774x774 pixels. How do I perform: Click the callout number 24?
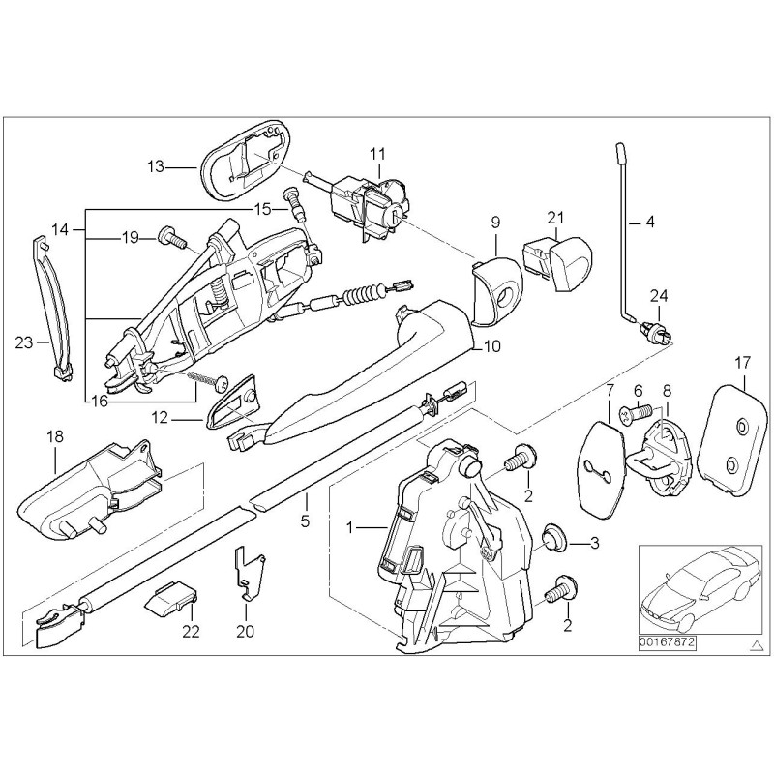(658, 296)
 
